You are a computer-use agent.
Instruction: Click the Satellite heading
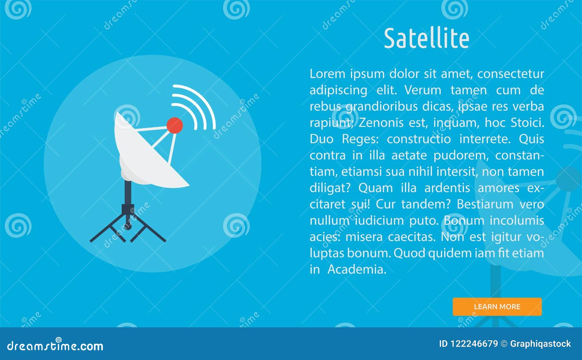(x=426, y=39)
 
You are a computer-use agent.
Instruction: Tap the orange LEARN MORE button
(x=497, y=307)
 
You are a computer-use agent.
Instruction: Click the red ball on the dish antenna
(x=175, y=125)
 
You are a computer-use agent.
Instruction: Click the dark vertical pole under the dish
(x=128, y=193)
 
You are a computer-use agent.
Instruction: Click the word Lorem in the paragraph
(x=327, y=74)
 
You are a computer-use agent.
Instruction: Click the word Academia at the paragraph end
(x=356, y=269)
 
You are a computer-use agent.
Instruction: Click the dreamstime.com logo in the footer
(x=55, y=345)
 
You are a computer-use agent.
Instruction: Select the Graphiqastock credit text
(x=540, y=344)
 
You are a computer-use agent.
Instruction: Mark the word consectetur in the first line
(x=510, y=74)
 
